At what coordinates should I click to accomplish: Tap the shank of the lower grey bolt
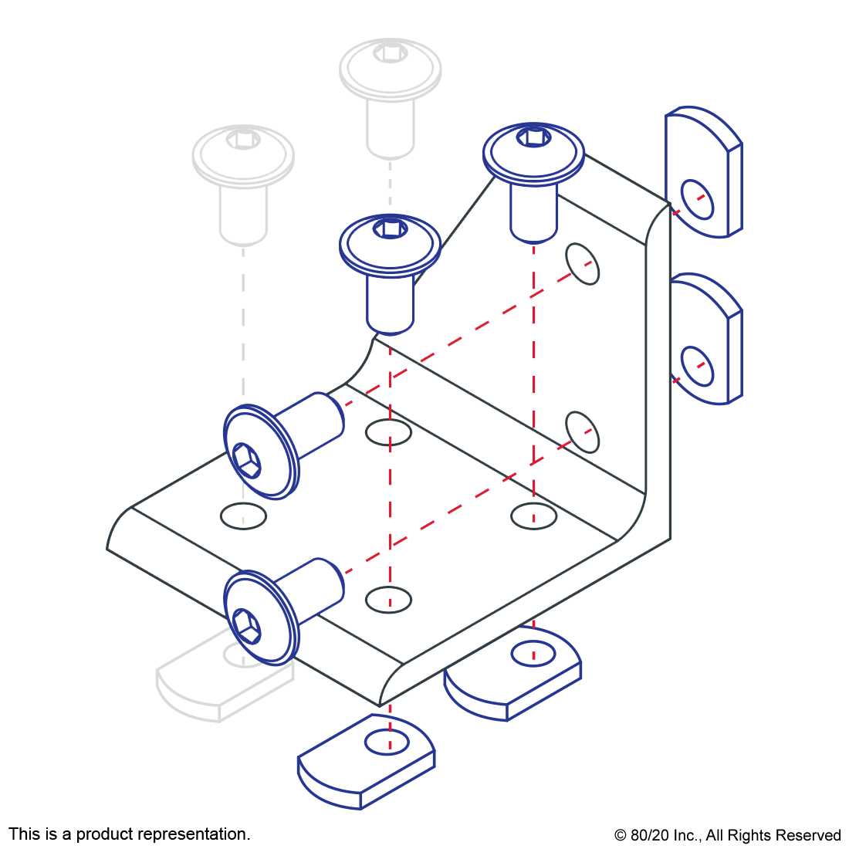(x=243, y=212)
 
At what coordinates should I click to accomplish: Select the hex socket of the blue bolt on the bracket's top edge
(x=534, y=137)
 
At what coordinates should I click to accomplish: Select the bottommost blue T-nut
(x=367, y=764)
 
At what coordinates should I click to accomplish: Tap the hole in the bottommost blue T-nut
(x=387, y=742)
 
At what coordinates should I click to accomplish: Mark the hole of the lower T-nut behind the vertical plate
(x=697, y=366)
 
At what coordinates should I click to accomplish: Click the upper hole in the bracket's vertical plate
(x=583, y=264)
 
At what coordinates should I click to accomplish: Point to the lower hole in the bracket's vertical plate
(x=583, y=432)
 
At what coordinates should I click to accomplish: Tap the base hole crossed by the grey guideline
(x=243, y=516)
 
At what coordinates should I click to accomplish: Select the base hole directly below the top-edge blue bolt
(x=533, y=516)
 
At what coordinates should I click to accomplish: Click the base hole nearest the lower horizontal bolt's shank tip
(x=388, y=599)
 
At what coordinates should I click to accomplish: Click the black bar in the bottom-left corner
(x=129, y=835)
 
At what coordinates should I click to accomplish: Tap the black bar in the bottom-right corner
(x=727, y=837)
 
